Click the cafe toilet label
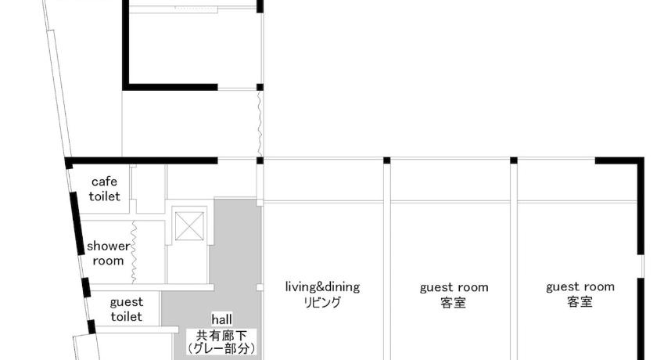pos(104,189)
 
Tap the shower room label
pos(108,254)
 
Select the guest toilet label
pos(126,309)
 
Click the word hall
pos(221,319)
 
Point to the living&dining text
pos(322,286)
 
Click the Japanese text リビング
pos(322,302)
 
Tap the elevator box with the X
pos(189,226)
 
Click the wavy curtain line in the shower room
pos(134,252)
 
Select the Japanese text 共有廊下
pos(221,336)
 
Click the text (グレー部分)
pos(221,349)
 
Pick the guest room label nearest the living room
pos(454,287)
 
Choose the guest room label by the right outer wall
pos(580,287)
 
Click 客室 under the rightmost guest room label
pos(580,302)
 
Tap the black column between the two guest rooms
pos(514,160)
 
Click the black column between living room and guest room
pos(386,160)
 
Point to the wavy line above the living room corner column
pos(260,124)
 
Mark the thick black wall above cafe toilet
pos(142,160)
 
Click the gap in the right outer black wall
pos(641,266)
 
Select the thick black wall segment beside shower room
pos(77,223)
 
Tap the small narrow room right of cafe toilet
pos(150,189)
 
